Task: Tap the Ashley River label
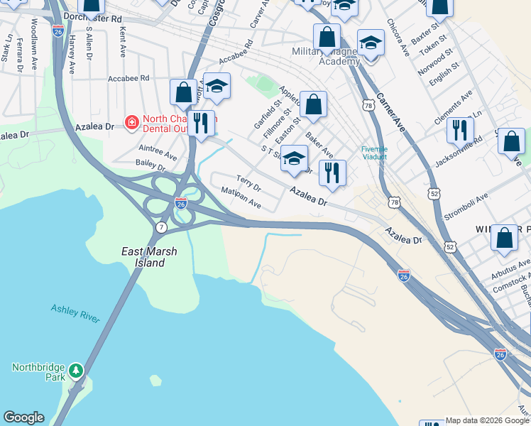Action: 75,313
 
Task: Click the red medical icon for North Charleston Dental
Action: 131,122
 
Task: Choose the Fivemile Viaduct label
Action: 374,153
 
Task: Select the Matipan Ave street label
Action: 241,198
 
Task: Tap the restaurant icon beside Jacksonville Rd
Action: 460,129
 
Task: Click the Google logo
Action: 23,417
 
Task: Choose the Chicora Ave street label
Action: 398,38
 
